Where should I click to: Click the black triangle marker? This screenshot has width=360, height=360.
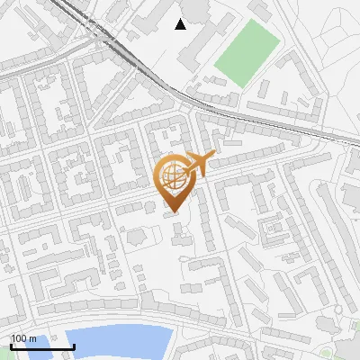(x=181, y=24)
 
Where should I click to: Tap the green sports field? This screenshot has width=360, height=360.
(x=247, y=53)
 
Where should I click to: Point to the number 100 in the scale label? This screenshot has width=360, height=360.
(x=19, y=338)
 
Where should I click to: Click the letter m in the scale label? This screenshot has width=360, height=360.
(x=33, y=338)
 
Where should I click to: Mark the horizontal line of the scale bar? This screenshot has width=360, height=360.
(x=41, y=346)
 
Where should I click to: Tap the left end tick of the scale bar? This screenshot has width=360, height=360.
(x=11, y=345)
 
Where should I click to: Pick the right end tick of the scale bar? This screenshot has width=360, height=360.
(x=73, y=345)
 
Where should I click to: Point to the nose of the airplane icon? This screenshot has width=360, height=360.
(x=214, y=157)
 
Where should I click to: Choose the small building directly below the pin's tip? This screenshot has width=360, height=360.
(x=178, y=236)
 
